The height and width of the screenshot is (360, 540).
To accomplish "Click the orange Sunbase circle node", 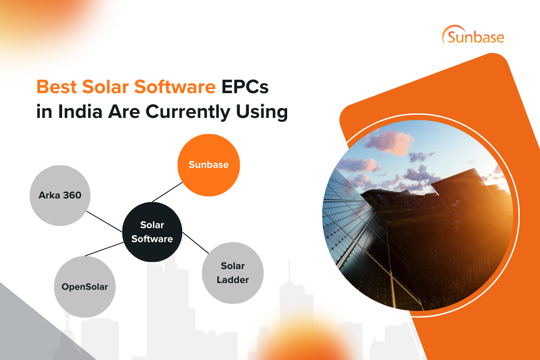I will (x=209, y=165).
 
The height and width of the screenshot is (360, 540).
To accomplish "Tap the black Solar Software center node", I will (x=152, y=232).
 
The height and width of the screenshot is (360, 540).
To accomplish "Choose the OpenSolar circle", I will (x=85, y=287).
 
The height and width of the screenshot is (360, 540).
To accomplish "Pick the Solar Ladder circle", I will (x=233, y=273).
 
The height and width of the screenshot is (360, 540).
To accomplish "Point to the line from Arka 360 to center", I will (x=104, y=221).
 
